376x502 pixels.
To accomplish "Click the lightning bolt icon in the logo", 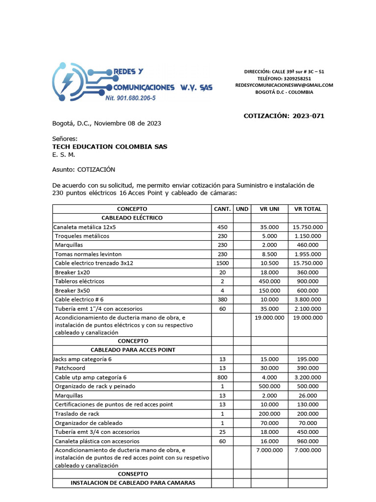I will [x=67, y=80].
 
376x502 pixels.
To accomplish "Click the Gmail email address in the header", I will [x=284, y=85].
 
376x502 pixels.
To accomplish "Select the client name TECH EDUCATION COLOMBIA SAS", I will [x=110, y=147].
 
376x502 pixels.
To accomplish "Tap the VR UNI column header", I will [x=269, y=209].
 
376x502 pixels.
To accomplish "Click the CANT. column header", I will [x=222, y=209].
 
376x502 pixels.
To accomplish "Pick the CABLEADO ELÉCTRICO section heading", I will [x=132, y=218].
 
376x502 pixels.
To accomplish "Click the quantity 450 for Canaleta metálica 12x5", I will [x=222, y=227].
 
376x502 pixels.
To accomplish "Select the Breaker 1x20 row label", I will [x=72, y=272].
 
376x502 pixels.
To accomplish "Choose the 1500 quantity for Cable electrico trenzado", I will [x=222, y=263].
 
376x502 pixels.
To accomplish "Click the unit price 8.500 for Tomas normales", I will [x=269, y=254].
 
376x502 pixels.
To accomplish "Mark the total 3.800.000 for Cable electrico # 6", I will [x=307, y=300].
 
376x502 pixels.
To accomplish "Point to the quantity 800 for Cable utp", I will [x=222, y=377].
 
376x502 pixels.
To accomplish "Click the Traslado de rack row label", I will [x=77, y=413].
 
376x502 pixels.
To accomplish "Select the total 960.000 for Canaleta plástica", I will [x=307, y=441].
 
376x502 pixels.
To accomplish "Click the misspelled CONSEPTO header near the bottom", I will [x=132, y=474].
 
